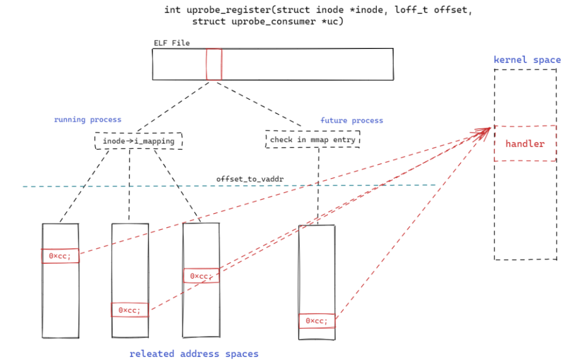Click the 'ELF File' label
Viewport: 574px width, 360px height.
172,43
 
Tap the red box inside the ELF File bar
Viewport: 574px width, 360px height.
214,64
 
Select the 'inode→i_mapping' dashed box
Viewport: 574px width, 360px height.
138,141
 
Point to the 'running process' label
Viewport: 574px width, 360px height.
88,120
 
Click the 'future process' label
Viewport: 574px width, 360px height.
351,121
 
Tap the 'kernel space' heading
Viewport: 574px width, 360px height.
527,60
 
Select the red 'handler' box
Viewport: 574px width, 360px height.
525,144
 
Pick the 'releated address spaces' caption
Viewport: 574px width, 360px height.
194,354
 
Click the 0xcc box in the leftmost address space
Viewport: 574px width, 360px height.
61,256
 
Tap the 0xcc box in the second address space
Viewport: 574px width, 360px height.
130,309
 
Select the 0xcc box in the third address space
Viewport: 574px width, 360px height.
201,276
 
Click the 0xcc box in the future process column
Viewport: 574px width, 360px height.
317,321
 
